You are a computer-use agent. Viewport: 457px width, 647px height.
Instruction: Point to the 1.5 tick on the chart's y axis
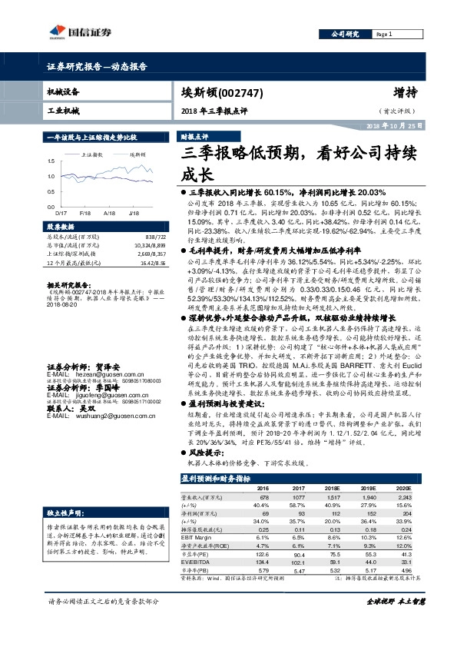coord(51,162)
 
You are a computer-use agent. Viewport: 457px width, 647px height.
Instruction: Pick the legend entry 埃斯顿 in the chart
coord(136,154)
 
